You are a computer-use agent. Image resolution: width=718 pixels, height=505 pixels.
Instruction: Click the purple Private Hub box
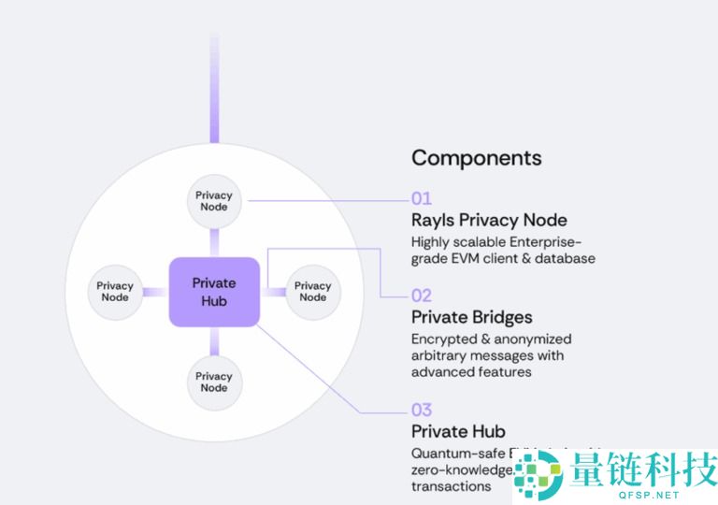point(214,292)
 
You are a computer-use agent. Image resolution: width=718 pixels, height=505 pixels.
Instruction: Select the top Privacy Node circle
point(214,201)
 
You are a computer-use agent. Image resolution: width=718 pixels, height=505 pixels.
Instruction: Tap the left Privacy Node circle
point(115,292)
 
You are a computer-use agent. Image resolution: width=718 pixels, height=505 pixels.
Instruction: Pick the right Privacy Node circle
point(313,292)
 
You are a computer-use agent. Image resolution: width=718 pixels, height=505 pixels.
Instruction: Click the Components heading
point(476,157)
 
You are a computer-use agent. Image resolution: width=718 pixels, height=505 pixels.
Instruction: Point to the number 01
point(422,198)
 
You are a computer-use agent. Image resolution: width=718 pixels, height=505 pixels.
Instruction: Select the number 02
point(422,296)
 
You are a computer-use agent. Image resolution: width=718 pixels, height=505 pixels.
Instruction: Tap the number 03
point(422,410)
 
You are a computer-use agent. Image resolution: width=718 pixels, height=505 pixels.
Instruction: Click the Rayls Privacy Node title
point(489,221)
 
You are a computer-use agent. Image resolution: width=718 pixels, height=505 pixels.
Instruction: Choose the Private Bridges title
point(471,317)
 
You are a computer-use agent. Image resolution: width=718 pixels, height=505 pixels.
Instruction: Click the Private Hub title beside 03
point(458,431)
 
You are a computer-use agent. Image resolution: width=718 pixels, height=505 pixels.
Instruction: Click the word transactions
point(451,486)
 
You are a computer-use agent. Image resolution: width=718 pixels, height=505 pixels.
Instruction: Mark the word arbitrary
point(439,355)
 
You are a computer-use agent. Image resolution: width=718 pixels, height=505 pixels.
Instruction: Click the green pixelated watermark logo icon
point(537,473)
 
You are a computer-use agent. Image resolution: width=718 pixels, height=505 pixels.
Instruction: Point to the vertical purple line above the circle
point(214,89)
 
